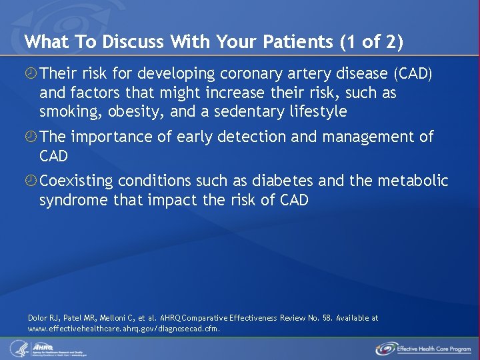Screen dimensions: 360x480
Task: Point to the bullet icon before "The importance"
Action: tap(31, 137)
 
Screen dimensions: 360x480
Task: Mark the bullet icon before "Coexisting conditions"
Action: tap(31, 181)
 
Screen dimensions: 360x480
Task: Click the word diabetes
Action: tap(283, 181)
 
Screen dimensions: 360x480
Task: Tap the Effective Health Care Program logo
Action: tap(424, 348)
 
